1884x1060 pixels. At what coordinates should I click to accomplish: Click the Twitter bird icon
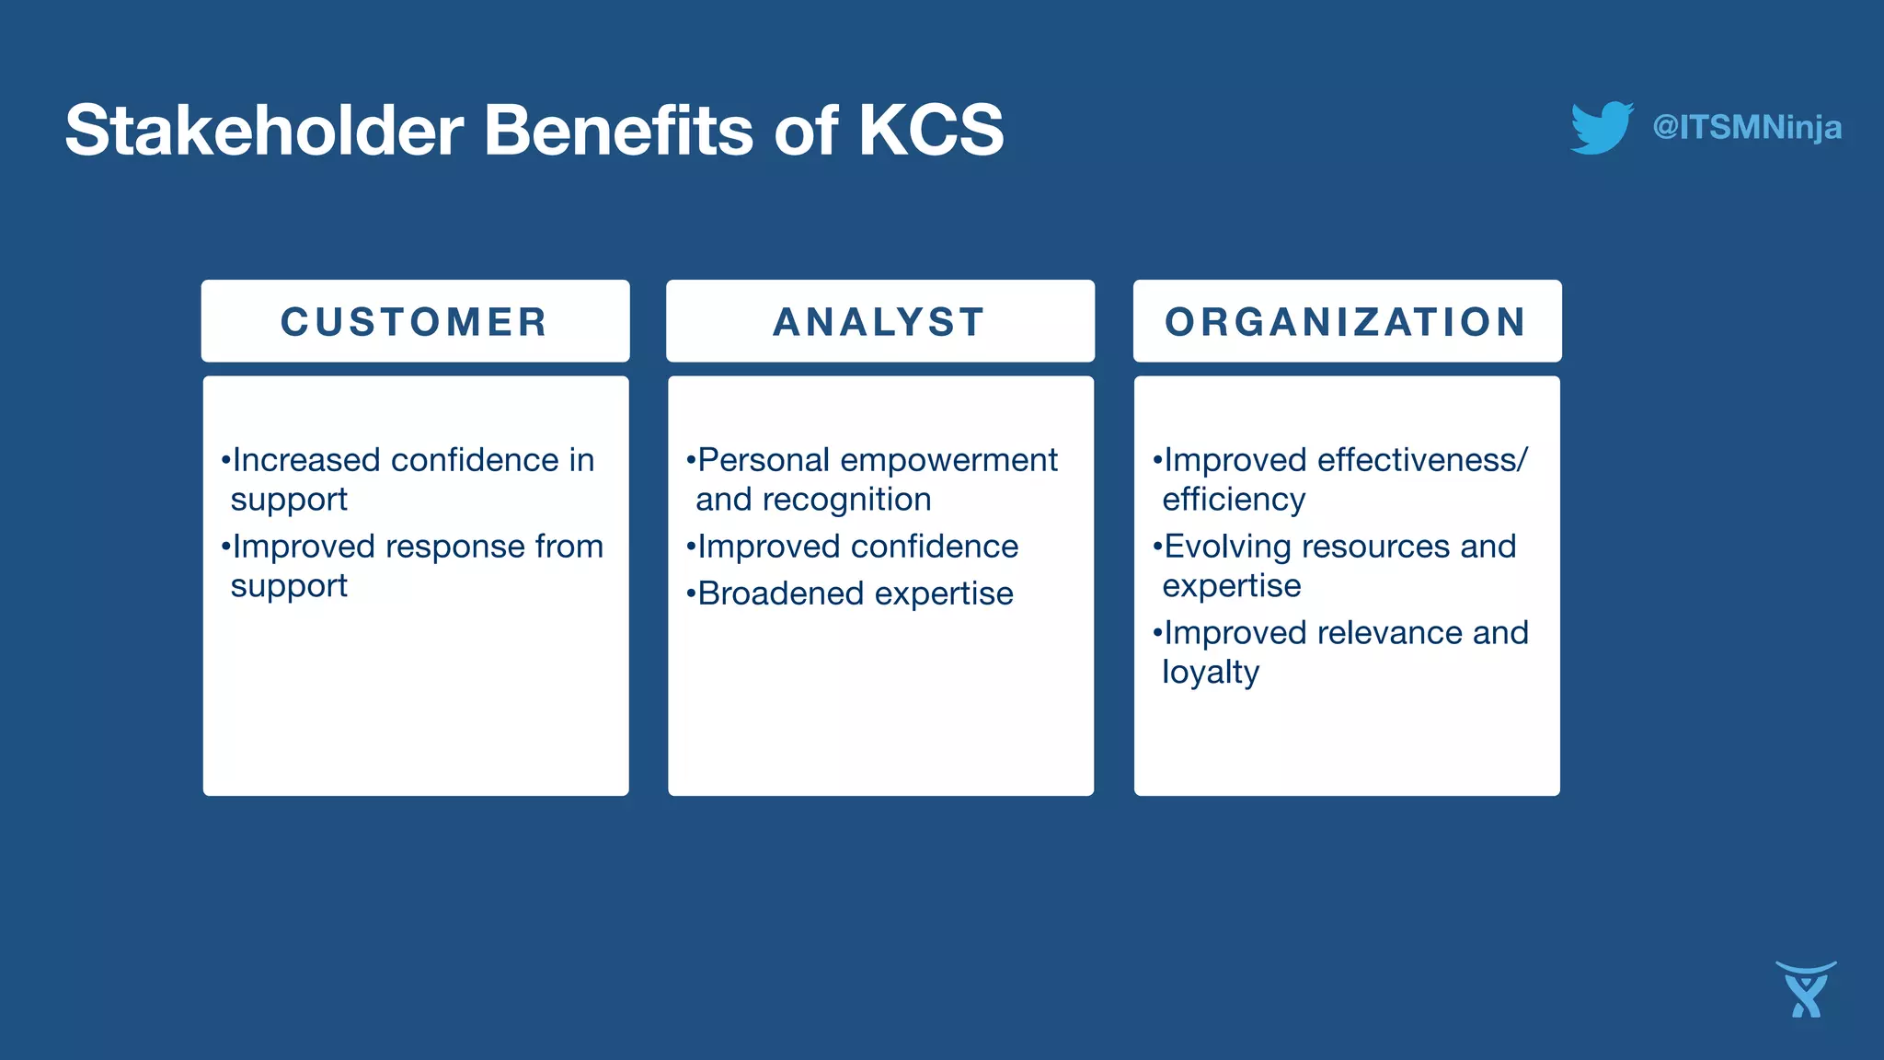[x=1602, y=128]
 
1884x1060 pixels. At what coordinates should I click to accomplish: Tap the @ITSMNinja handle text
[x=1747, y=127]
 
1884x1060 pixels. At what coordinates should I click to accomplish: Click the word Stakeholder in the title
[x=264, y=130]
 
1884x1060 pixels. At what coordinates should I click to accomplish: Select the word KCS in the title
[x=930, y=130]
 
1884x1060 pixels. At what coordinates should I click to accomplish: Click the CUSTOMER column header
[x=415, y=322]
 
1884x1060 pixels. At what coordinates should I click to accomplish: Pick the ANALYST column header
[x=880, y=322]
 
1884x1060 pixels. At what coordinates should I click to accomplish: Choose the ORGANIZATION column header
[x=1347, y=322]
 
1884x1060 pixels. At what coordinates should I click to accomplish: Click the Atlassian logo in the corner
[x=1806, y=990]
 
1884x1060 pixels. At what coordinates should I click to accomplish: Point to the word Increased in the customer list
[x=305, y=460]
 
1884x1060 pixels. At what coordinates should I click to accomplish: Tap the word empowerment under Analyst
[x=948, y=460]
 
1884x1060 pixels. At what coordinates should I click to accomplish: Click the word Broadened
[x=780, y=593]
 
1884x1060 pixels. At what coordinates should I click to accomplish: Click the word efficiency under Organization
[x=1234, y=500]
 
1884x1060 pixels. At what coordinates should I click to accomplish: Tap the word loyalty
[x=1210, y=673]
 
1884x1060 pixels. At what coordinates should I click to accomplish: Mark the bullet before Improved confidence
[x=690, y=547]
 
